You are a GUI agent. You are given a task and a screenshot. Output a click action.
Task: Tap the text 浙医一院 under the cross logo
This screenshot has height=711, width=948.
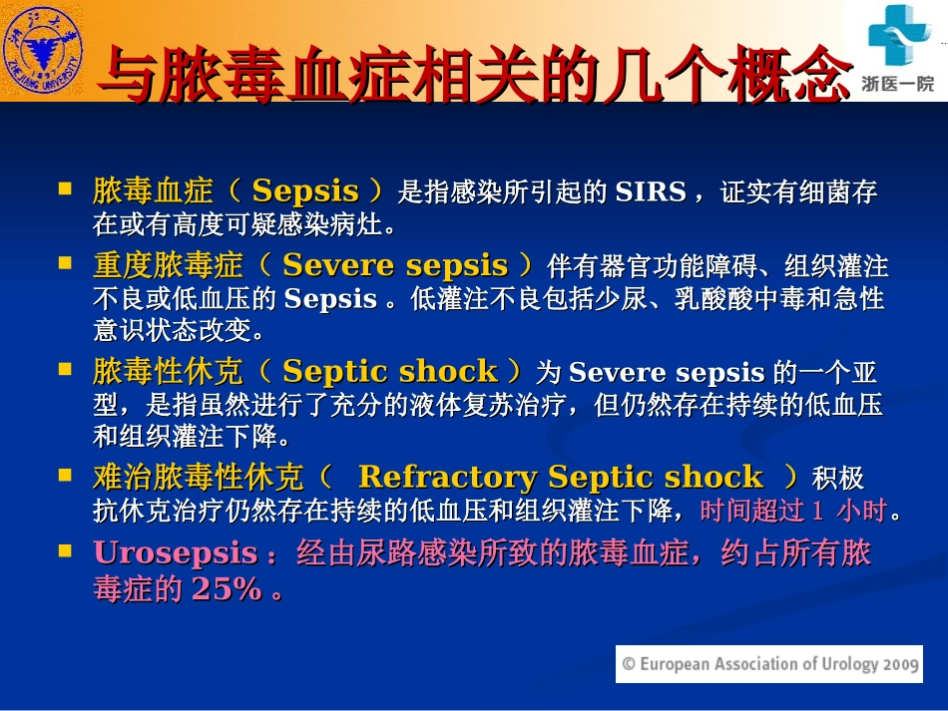[897, 85]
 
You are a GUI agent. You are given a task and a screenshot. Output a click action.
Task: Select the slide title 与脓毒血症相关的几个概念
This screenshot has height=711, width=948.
[469, 74]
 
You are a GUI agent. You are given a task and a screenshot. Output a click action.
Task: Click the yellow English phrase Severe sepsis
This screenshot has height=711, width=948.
[395, 265]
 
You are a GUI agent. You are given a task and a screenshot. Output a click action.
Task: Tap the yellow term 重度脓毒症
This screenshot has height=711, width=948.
[168, 265]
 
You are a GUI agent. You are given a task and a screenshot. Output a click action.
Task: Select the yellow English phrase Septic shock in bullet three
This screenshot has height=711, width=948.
[389, 372]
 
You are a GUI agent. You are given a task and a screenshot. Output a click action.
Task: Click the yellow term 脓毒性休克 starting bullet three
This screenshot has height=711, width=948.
[168, 372]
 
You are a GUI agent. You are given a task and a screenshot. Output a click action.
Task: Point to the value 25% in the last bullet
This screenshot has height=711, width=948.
[227, 589]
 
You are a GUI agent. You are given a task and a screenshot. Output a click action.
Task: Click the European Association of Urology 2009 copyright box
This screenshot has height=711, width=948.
[768, 663]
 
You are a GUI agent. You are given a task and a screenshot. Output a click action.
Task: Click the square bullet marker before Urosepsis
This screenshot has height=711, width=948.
[66, 549]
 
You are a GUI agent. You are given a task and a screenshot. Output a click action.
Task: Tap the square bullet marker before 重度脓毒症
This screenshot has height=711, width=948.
[66, 263]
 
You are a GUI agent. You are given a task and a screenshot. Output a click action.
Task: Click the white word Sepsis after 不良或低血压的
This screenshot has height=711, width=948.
[330, 299]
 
